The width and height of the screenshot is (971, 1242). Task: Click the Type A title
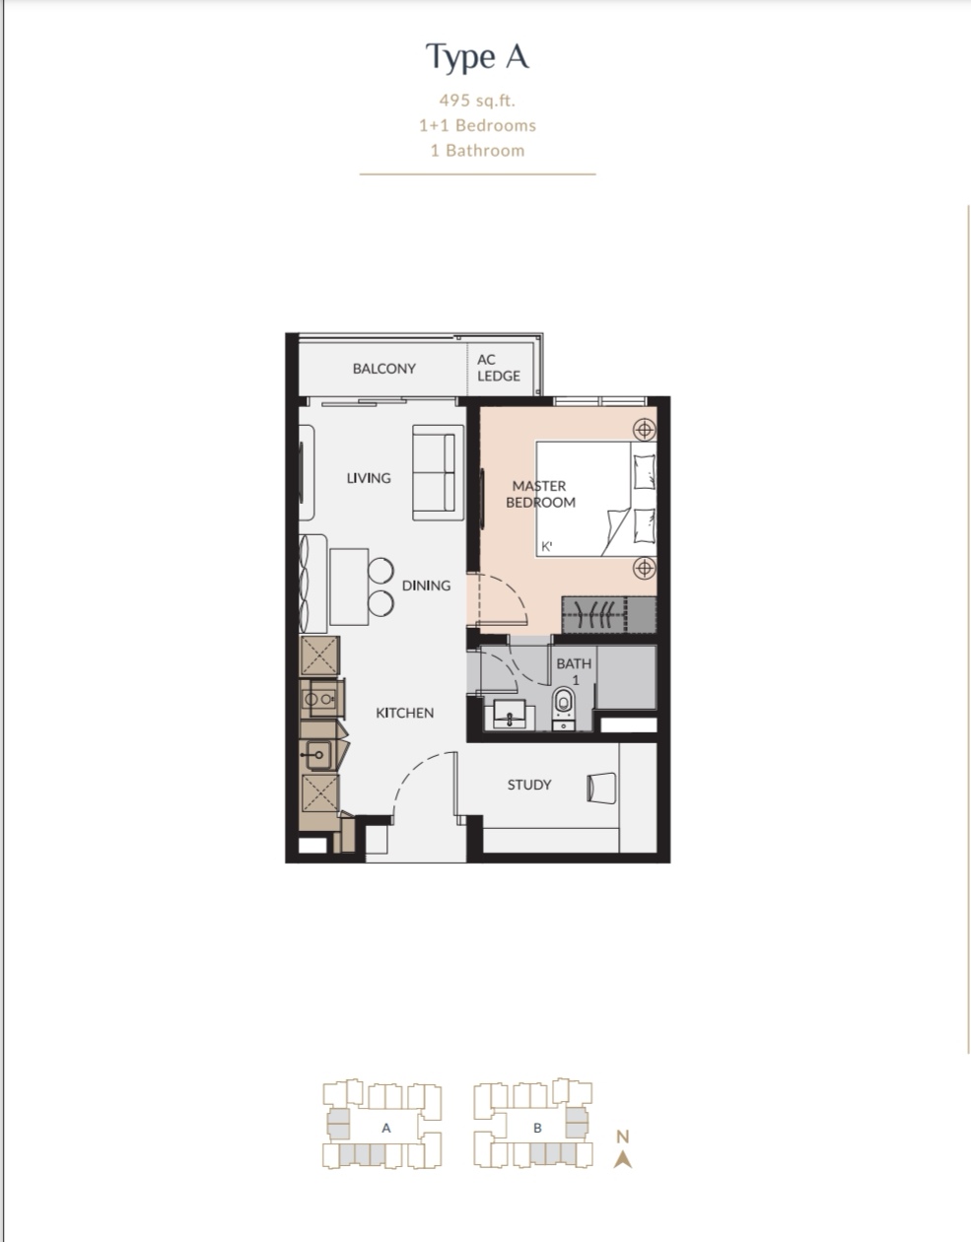477,57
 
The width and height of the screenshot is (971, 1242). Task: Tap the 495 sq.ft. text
477,101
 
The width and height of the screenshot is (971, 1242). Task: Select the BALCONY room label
384,369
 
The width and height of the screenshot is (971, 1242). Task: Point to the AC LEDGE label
499,368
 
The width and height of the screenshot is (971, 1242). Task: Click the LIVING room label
369,478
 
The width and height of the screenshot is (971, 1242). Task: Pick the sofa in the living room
438,473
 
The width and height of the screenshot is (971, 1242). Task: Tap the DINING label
426,586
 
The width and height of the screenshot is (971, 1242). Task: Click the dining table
349,586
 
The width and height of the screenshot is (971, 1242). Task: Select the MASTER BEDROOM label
540,494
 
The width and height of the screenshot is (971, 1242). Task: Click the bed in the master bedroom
595,499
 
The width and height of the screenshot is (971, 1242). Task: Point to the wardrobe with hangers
608,614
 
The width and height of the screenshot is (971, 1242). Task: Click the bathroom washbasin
509,715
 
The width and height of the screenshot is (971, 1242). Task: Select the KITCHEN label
404,713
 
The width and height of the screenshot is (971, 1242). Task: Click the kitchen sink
317,755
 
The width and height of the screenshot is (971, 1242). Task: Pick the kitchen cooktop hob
319,699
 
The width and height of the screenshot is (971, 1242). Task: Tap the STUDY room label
529,785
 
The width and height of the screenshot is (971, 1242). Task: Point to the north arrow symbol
622,1160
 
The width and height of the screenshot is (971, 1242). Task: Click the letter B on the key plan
537,1129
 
